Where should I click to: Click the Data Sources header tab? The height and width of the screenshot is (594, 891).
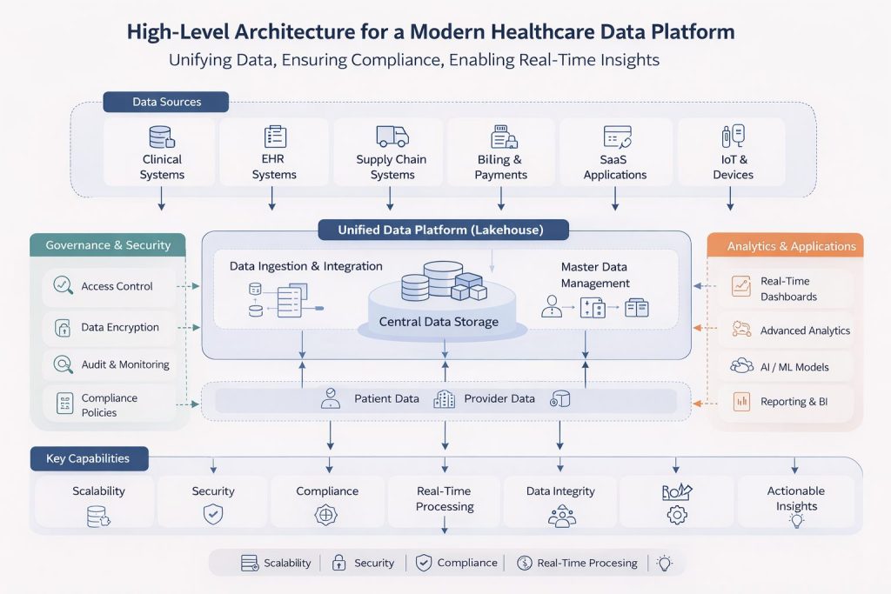click(x=165, y=102)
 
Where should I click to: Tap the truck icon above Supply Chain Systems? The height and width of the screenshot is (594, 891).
click(x=392, y=136)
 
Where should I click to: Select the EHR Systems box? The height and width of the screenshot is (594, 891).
click(x=274, y=152)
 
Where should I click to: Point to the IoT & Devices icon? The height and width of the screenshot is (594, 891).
click(x=733, y=137)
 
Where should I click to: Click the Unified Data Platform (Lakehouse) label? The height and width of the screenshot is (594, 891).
click(x=441, y=230)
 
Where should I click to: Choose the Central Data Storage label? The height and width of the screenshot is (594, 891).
click(x=439, y=322)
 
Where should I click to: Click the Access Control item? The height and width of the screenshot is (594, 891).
click(x=108, y=286)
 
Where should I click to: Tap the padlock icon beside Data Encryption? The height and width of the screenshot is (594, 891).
click(x=63, y=328)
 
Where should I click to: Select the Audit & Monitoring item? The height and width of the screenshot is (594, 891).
click(x=108, y=364)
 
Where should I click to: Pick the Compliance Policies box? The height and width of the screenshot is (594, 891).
click(x=108, y=405)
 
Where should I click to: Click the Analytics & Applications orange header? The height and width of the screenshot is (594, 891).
click(x=791, y=246)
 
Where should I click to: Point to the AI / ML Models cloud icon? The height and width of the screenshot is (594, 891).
click(x=741, y=366)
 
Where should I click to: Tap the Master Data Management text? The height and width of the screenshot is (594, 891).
click(x=594, y=275)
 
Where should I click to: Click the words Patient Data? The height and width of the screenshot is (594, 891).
click(x=386, y=399)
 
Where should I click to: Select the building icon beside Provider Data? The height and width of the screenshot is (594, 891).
click(x=444, y=399)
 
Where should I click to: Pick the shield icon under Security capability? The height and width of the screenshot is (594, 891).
click(x=213, y=514)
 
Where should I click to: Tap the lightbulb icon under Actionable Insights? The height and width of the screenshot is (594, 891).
click(x=795, y=521)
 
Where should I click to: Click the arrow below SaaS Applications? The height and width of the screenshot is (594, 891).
click(x=615, y=200)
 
